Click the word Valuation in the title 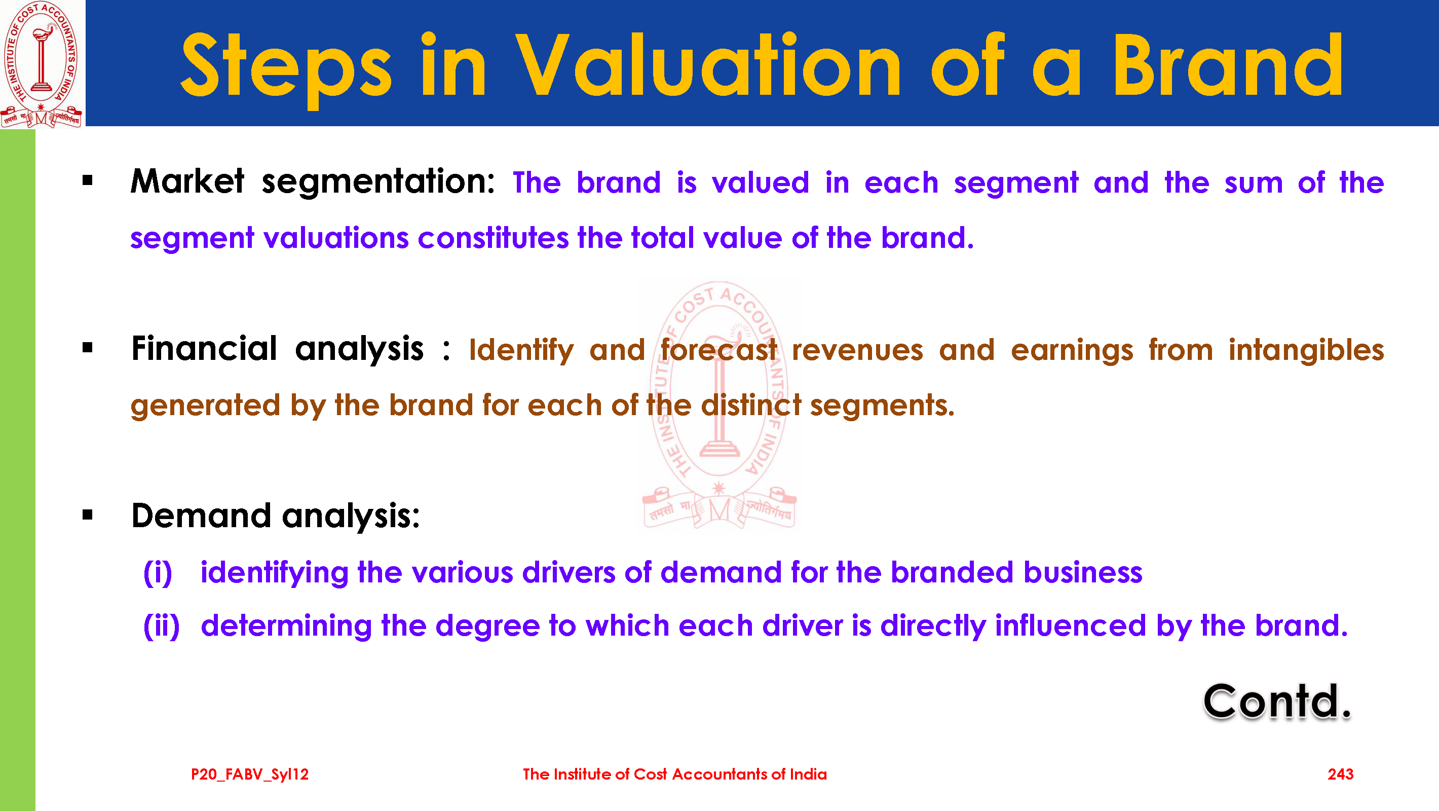pyautogui.click(x=708, y=66)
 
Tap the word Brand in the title pyautogui.click(x=1228, y=66)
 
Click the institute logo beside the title pyautogui.click(x=42, y=64)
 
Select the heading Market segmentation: pyautogui.click(x=312, y=182)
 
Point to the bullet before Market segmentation pyautogui.click(x=87, y=180)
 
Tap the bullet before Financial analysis pyautogui.click(x=87, y=348)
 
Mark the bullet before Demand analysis pyautogui.click(x=87, y=515)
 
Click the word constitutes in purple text pyautogui.click(x=493, y=238)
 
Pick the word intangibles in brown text pyautogui.click(x=1306, y=350)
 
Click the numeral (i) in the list pyautogui.click(x=158, y=573)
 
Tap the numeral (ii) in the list pyautogui.click(x=162, y=626)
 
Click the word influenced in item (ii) pyautogui.click(x=1070, y=625)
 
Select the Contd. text pyautogui.click(x=1277, y=702)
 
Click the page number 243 pyautogui.click(x=1340, y=775)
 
